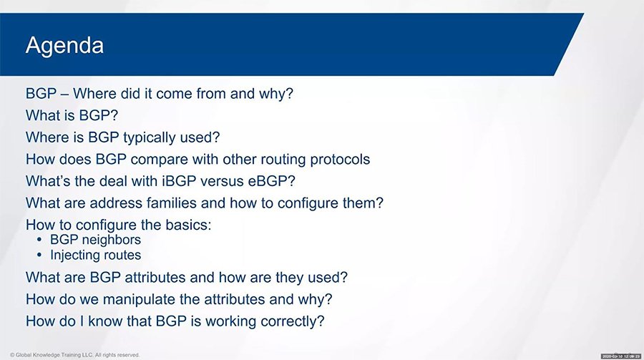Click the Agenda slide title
(x=64, y=46)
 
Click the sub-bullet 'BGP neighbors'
(x=95, y=240)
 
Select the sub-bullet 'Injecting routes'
(x=95, y=255)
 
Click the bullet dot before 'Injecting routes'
(x=39, y=256)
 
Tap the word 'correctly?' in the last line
(x=290, y=321)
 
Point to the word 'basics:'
(x=188, y=225)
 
